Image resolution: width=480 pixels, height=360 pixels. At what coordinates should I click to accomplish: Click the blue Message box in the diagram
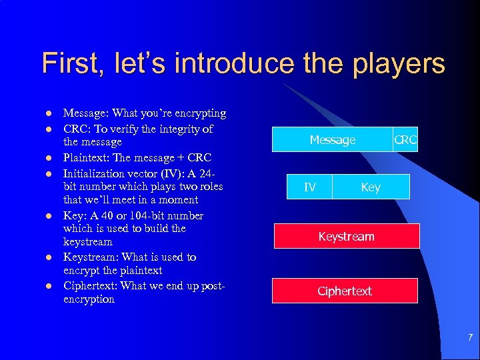tap(333, 140)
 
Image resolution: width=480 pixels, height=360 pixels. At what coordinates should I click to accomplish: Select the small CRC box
tap(405, 140)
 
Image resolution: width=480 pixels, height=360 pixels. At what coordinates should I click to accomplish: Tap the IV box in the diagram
tap(310, 187)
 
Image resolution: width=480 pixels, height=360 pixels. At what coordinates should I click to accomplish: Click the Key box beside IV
tap(371, 187)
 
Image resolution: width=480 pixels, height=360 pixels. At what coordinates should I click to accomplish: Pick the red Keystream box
tap(346, 237)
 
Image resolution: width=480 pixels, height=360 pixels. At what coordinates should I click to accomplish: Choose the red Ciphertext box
tap(344, 291)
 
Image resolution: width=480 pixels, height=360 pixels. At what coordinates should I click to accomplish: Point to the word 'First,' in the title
tap(72, 64)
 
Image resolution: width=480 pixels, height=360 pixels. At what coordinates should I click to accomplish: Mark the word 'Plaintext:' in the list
tap(88, 158)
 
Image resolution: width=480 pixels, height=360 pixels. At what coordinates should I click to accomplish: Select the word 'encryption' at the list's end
tap(89, 299)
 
